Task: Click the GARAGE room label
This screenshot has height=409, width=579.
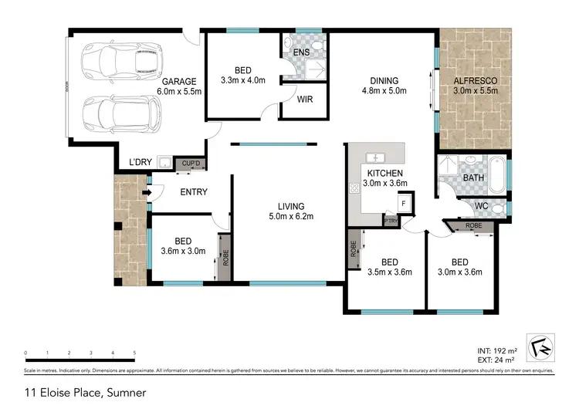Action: pos(179,81)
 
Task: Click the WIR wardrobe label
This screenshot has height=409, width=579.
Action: pos(304,100)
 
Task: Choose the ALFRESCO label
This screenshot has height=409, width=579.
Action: pos(475,80)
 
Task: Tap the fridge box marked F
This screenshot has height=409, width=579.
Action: pos(403,203)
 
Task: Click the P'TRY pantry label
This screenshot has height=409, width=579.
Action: pos(391,221)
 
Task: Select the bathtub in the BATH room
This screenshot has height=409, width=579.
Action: pos(497,173)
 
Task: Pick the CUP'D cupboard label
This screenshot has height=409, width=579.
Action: pos(190,164)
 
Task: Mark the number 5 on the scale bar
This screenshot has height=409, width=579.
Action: pos(134,353)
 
